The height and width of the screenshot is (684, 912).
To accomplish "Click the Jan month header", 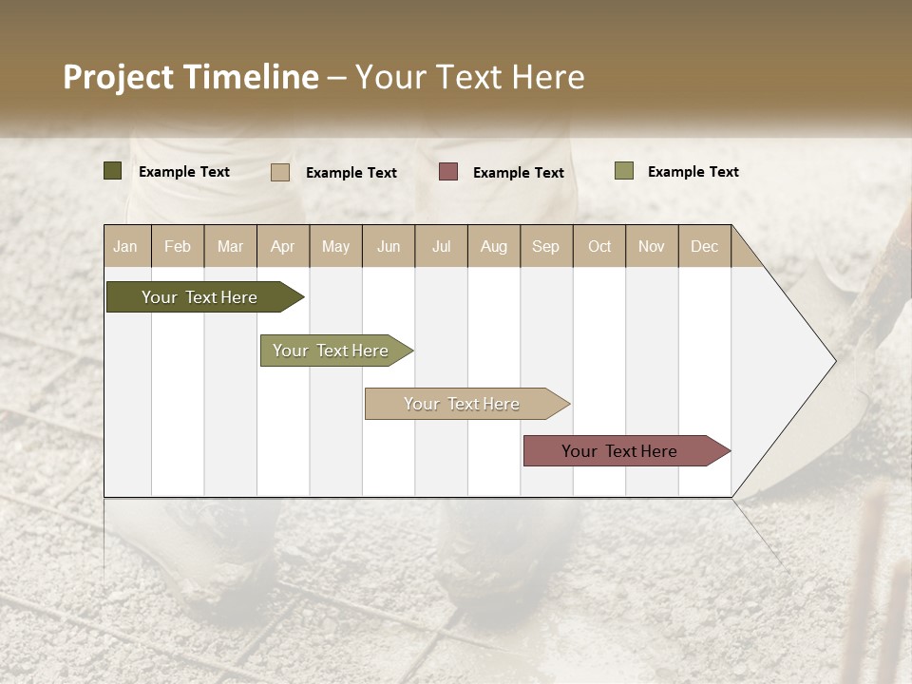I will click(x=126, y=246).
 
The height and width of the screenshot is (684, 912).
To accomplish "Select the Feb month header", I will click(x=178, y=246).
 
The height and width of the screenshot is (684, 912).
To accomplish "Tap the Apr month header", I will click(x=283, y=246).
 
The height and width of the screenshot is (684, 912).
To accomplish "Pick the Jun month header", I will click(x=389, y=246).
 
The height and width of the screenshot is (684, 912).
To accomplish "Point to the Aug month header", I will click(x=494, y=246).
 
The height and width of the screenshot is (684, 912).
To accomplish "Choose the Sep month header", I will click(x=546, y=246).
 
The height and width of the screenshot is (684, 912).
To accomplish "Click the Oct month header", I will click(x=599, y=246).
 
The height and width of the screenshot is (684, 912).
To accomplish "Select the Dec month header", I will click(x=705, y=246).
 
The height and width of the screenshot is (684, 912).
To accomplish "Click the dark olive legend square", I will click(x=113, y=171).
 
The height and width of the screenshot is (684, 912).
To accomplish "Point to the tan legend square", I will click(x=280, y=172).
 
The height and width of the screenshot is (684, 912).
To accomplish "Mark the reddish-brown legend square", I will click(x=448, y=172).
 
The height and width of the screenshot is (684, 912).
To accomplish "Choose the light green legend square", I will click(x=624, y=171).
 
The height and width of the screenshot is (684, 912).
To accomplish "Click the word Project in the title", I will click(x=119, y=78).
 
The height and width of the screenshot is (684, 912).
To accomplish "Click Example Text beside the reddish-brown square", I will click(x=519, y=173).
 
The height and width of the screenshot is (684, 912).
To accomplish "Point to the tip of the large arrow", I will click(x=834, y=361).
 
